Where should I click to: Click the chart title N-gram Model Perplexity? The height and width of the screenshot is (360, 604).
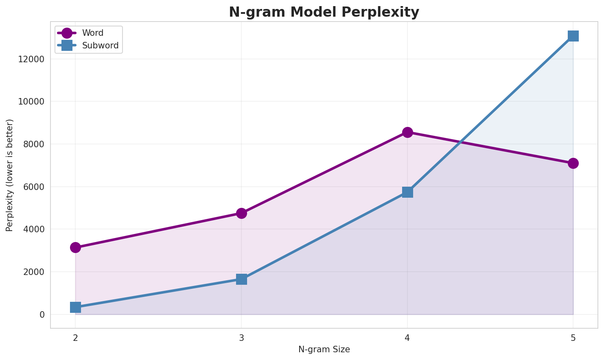click(324, 12)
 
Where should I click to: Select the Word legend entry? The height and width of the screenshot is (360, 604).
click(92, 33)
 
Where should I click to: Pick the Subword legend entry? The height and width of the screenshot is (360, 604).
click(100, 46)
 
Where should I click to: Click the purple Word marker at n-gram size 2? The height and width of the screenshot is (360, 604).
click(75, 247)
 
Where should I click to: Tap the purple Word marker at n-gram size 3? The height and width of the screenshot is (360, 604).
click(241, 213)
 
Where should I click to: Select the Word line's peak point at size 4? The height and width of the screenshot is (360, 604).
click(407, 132)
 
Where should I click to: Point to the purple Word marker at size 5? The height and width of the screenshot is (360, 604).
click(573, 163)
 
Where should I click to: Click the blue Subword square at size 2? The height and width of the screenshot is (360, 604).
click(75, 307)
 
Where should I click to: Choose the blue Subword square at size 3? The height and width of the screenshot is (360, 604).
click(241, 279)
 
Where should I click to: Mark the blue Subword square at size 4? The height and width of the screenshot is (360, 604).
click(407, 192)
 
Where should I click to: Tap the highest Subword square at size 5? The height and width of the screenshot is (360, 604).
click(573, 36)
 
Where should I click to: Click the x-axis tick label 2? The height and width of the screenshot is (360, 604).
click(75, 337)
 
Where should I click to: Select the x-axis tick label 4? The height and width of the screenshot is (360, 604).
click(407, 337)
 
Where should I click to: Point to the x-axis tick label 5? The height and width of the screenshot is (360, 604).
click(573, 337)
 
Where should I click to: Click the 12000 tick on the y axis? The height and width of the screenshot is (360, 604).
click(31, 59)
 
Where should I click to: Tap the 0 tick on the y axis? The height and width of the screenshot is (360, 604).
click(42, 314)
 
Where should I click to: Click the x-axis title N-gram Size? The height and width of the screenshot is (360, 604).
click(324, 349)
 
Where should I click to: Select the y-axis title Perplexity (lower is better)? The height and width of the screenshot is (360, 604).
click(10, 175)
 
